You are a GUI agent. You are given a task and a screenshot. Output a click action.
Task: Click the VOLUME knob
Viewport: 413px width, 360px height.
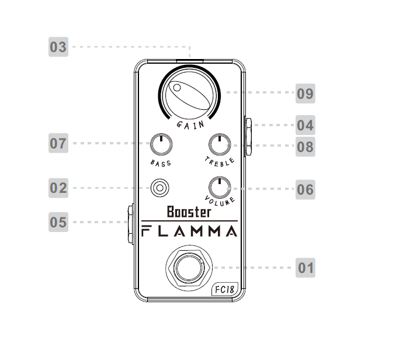[220, 187]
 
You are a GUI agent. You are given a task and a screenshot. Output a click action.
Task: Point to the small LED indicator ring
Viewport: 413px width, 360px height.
[159, 188]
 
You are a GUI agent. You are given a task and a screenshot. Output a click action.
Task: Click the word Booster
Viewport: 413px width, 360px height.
[189, 212]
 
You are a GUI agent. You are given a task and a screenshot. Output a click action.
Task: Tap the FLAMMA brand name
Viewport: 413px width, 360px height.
[190, 231]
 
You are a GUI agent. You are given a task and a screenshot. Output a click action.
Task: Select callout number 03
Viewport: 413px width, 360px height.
[58, 47]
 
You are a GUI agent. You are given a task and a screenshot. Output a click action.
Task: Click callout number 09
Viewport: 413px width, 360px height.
[305, 94]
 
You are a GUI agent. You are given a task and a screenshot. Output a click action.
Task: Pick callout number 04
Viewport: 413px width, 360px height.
[305, 125]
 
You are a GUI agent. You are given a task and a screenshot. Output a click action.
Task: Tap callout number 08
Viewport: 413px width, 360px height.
[305, 146]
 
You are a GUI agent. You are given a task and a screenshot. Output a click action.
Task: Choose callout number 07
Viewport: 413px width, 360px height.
[58, 143]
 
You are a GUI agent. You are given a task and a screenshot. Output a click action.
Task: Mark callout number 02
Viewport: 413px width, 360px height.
[58, 188]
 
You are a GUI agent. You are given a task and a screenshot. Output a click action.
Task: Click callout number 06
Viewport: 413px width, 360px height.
[305, 189]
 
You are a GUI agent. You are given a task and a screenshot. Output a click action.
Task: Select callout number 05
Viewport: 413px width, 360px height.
[58, 222]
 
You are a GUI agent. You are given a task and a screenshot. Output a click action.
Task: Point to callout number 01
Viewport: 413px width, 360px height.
[306, 268]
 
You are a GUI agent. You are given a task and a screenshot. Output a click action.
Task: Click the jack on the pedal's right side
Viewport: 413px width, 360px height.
[248, 135]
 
